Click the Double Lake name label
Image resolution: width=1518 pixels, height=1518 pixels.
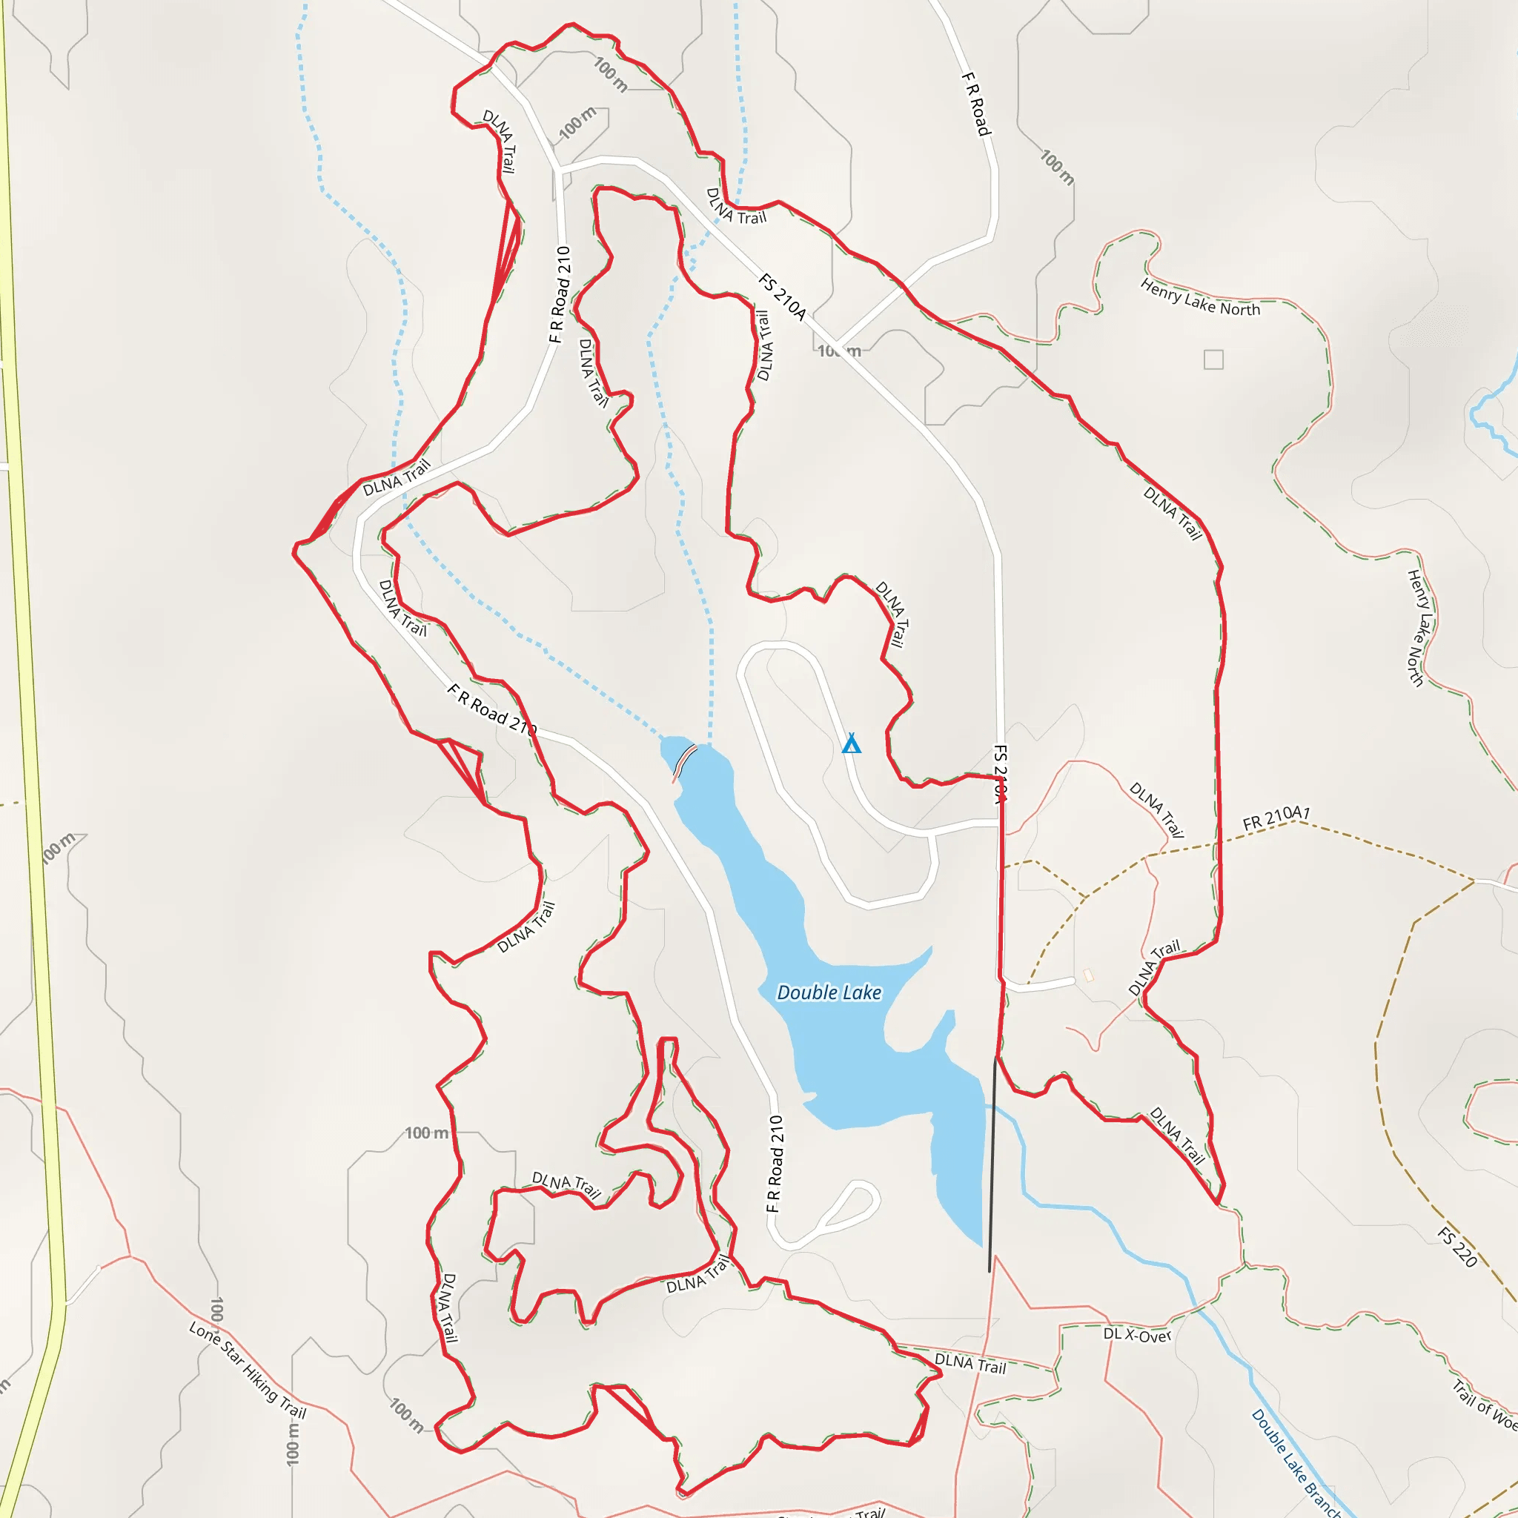[x=829, y=993]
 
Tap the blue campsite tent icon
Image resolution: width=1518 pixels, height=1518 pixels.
[x=851, y=743]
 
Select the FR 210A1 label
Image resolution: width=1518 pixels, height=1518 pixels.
[x=1276, y=818]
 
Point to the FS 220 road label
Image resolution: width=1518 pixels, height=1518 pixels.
[x=1457, y=1247]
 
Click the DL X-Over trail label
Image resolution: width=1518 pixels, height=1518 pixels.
[x=1137, y=1334]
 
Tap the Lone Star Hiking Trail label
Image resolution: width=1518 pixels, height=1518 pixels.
[x=248, y=1371]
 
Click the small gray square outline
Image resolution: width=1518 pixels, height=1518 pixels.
[x=1213, y=359]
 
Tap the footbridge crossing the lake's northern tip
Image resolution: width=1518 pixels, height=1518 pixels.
[x=684, y=762]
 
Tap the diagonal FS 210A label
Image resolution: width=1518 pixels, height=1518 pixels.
[x=783, y=297]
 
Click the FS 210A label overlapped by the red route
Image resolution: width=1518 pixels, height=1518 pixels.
[x=999, y=774]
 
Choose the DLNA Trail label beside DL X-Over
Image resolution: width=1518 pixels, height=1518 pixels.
[x=970, y=1363]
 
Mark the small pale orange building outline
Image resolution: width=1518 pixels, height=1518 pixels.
[x=1088, y=975]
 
